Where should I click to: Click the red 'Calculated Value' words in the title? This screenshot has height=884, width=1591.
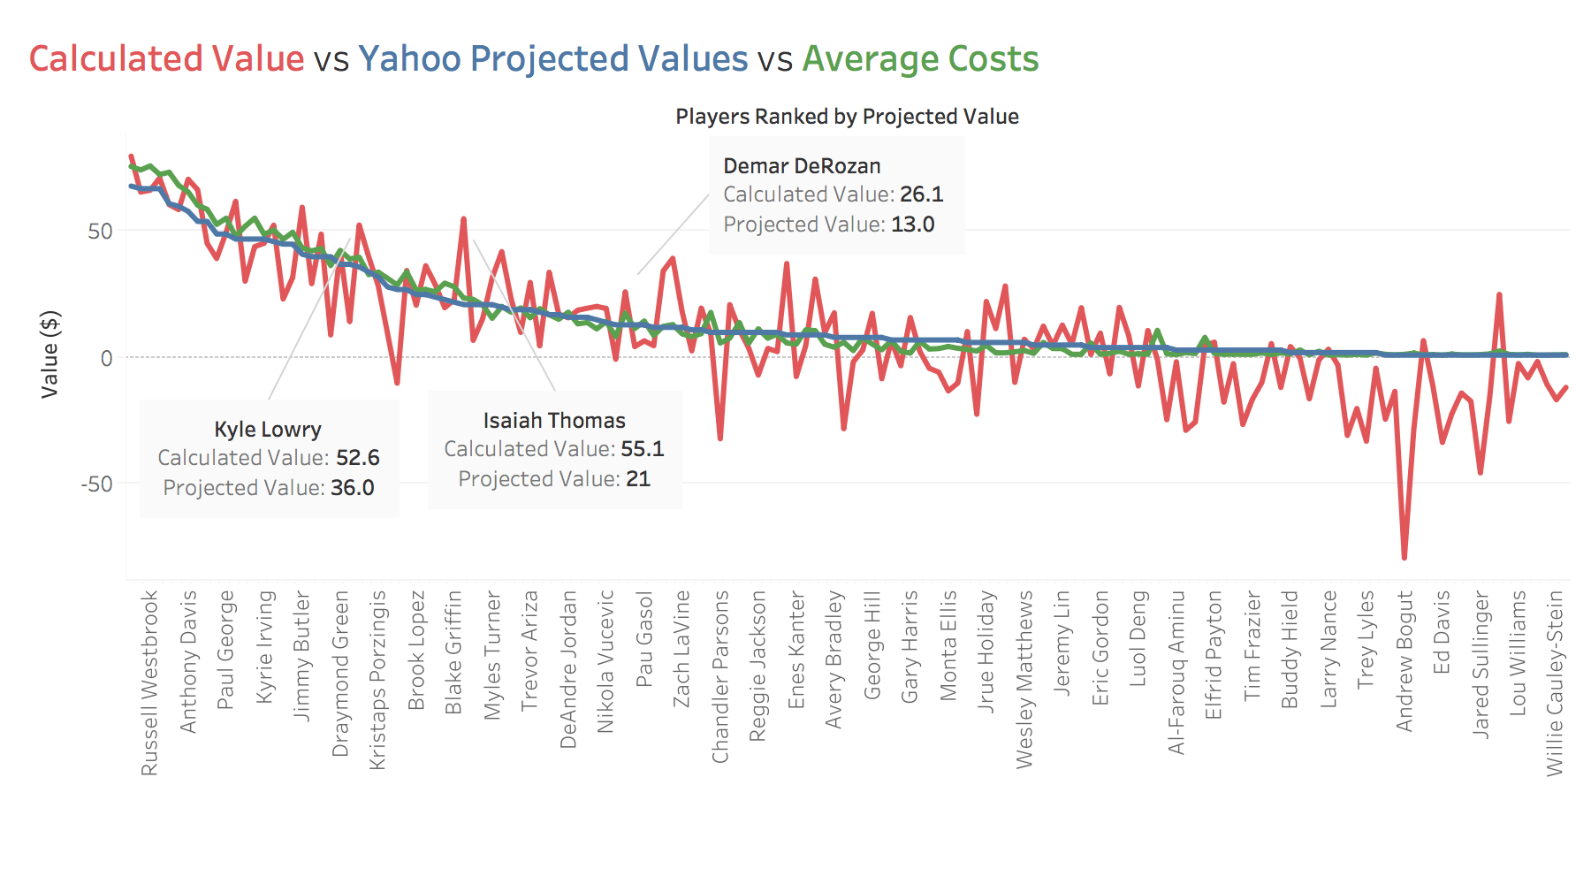(166, 59)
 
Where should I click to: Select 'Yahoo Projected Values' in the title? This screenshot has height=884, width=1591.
(552, 59)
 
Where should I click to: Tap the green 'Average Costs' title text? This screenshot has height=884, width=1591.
(920, 59)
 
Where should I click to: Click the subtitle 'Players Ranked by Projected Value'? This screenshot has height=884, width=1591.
(847, 117)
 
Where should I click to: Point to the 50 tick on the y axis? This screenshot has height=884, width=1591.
(101, 232)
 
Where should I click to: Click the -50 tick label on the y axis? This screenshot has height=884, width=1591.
(97, 484)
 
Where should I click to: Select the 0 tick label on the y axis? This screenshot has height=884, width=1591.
(107, 358)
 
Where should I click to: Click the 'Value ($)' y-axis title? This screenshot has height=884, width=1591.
(50, 354)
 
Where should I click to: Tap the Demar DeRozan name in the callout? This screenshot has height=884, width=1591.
(802, 166)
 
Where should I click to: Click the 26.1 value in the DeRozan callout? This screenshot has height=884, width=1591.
(922, 194)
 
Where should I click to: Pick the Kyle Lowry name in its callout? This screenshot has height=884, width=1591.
(268, 430)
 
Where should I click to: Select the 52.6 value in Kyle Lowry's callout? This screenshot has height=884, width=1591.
(358, 458)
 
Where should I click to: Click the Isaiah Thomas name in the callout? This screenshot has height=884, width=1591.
(554, 421)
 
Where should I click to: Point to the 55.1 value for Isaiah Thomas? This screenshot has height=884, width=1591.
(643, 449)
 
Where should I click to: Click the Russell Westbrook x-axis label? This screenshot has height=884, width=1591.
(149, 682)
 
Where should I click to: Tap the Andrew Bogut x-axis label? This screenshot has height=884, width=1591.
(1404, 660)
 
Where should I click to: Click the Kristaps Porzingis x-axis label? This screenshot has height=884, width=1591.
(377, 680)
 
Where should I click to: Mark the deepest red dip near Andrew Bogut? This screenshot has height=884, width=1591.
(1404, 558)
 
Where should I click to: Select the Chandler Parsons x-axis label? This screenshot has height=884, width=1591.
(720, 676)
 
